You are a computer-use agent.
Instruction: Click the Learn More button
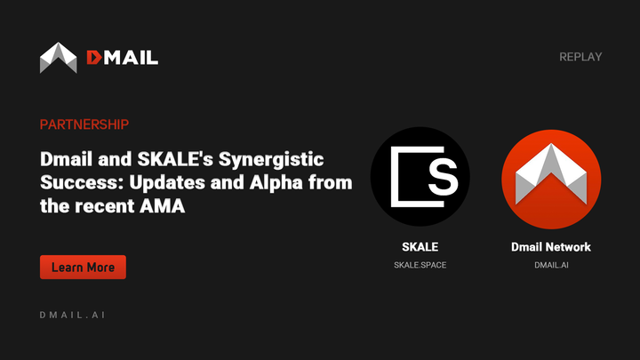point(83,267)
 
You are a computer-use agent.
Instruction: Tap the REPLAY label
point(580,57)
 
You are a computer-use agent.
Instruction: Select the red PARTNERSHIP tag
point(84,124)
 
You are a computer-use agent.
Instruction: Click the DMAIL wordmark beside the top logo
point(122,58)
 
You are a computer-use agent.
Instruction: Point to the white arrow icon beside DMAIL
point(59,58)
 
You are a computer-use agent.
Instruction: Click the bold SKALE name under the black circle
point(420,246)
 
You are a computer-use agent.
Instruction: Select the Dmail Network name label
point(551,246)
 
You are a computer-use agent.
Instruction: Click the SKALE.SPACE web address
point(420,265)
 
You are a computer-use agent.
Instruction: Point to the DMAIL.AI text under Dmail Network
point(551,265)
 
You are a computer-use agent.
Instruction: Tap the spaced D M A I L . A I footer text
point(74,316)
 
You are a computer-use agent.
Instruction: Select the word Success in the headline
point(74,183)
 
